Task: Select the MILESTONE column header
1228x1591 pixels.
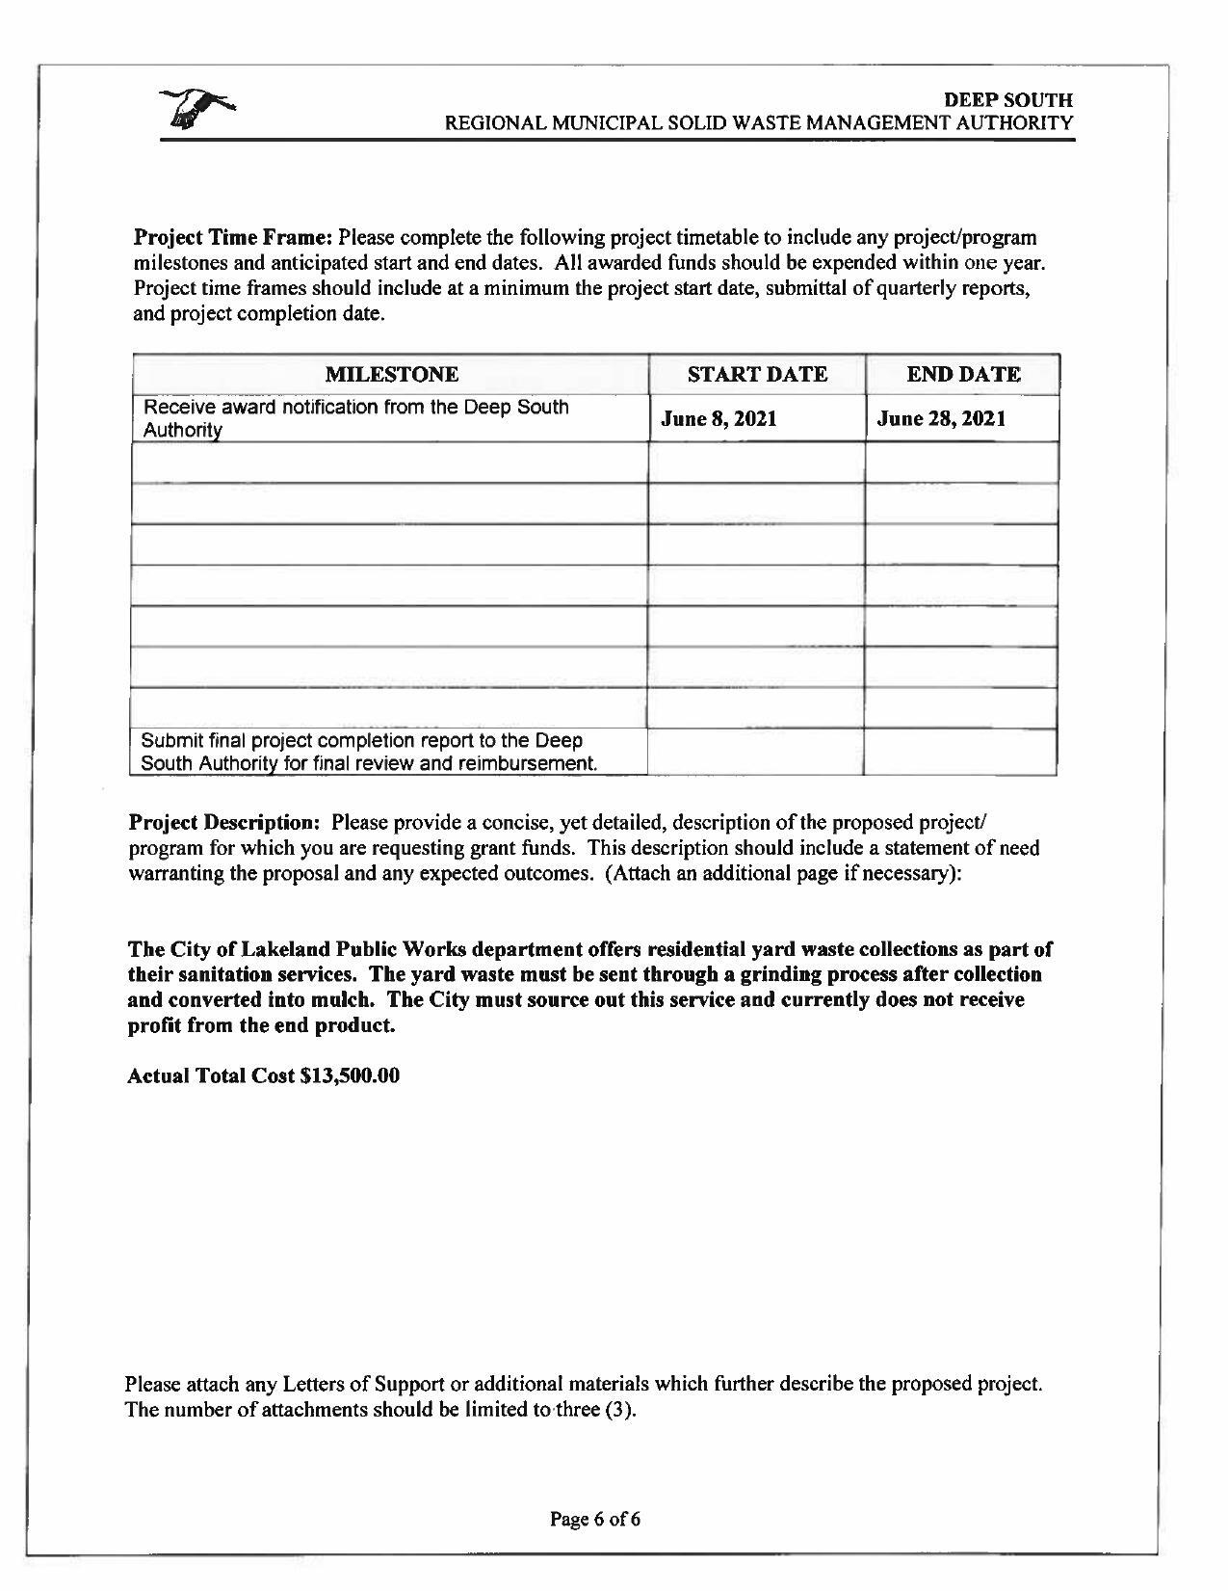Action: coord(391,375)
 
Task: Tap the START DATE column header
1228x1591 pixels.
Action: coord(757,375)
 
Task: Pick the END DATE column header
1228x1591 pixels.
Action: coord(963,375)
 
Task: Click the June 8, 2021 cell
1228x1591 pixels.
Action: coord(719,419)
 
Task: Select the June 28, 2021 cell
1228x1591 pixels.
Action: coord(942,419)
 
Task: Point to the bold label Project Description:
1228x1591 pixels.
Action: coord(223,823)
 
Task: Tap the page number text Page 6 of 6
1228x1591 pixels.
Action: coord(595,1520)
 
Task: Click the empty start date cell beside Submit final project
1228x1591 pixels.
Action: coord(756,753)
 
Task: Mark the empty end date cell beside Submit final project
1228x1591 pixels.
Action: coord(960,753)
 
